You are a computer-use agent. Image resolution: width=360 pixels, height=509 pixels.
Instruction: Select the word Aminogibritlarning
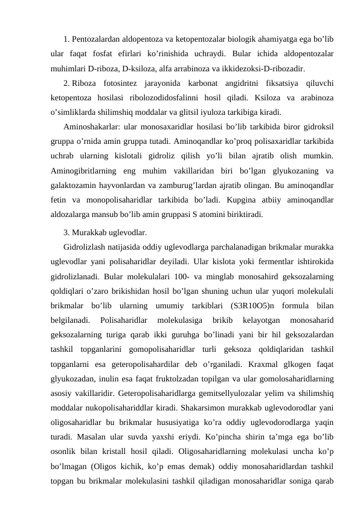pyautogui.click(x=85, y=171)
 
